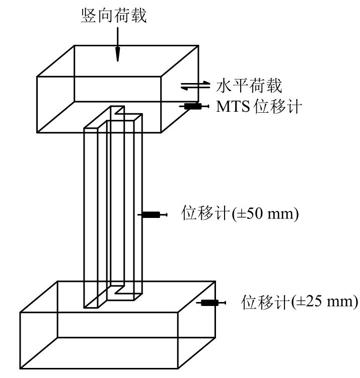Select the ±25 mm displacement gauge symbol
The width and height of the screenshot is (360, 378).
pyautogui.click(x=212, y=303)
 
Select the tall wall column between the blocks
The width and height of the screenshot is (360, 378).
pyautogui.click(x=113, y=211)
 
